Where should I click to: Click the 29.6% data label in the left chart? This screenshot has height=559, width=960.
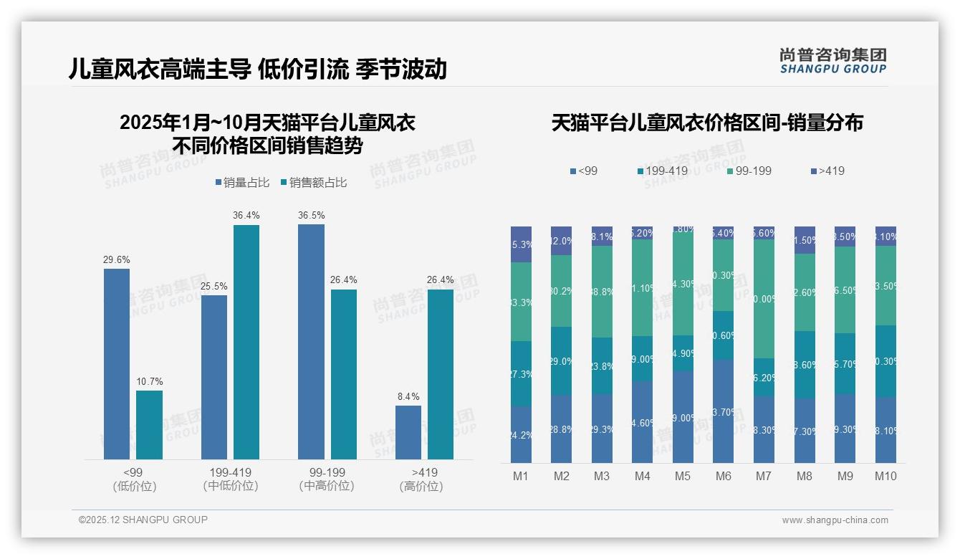click(117, 260)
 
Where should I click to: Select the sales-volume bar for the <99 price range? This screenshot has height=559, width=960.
click(117, 363)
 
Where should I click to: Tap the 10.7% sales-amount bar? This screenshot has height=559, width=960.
click(149, 424)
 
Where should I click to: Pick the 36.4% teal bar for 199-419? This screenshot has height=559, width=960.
click(246, 342)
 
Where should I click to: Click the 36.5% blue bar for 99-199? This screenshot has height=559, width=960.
click(311, 341)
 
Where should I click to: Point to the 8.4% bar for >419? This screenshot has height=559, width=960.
click(408, 432)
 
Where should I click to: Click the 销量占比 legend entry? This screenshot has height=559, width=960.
click(242, 183)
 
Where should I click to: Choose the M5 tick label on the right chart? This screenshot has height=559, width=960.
click(683, 476)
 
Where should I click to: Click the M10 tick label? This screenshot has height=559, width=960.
click(885, 476)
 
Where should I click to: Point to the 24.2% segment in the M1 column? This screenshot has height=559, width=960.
click(521, 434)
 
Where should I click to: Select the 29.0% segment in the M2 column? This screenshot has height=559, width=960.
click(561, 361)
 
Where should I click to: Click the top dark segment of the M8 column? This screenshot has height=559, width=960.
click(805, 239)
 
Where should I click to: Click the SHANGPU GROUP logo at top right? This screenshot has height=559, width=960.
click(832, 61)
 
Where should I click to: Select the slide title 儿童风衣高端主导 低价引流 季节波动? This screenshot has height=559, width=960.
click(258, 69)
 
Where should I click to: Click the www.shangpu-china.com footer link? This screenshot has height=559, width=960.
click(835, 520)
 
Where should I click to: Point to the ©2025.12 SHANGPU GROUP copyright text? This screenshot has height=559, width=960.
click(143, 520)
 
